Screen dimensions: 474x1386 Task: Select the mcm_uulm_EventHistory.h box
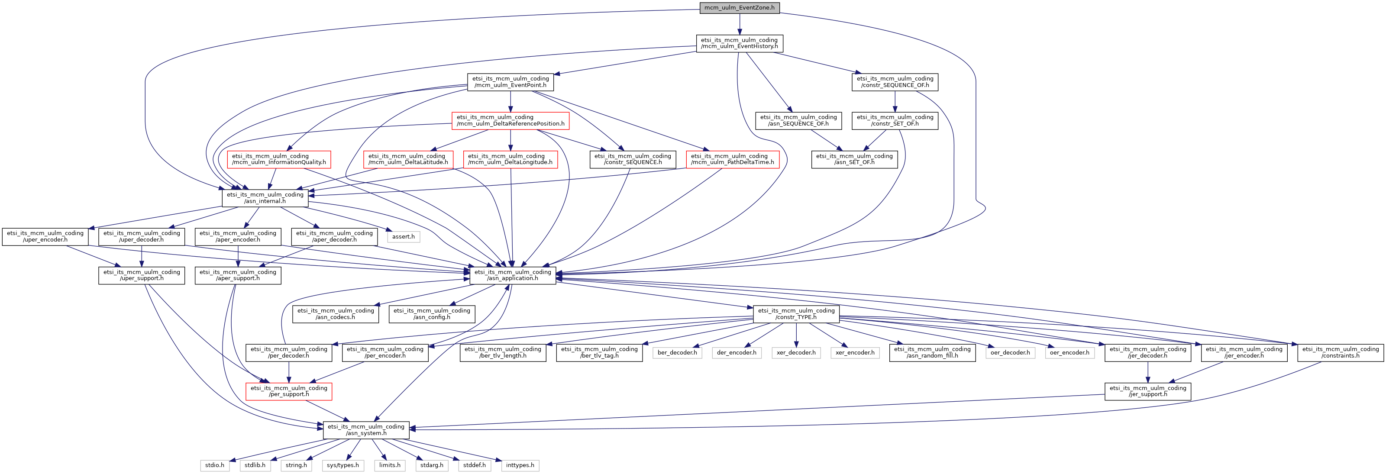[739, 43]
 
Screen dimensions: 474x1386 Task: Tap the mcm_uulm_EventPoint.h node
[510, 82]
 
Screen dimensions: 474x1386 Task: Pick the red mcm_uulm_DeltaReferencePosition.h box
[510, 120]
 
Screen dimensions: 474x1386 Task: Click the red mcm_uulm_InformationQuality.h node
[279, 159]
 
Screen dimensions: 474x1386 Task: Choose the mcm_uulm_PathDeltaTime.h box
[732, 159]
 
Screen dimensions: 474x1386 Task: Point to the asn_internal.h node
[265, 198]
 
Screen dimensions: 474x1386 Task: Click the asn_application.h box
[512, 275]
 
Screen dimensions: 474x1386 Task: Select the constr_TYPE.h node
[796, 314]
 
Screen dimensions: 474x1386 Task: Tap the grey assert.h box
[403, 237]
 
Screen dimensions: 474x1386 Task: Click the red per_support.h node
[288, 391]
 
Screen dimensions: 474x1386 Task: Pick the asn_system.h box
[366, 430]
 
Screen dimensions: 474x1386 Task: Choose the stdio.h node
[214, 465]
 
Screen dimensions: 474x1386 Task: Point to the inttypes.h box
[520, 465]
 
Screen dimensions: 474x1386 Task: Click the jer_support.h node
[1148, 391]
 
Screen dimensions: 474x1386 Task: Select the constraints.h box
[1340, 352]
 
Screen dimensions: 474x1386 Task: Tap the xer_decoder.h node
[796, 353]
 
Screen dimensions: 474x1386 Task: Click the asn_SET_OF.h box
[854, 159]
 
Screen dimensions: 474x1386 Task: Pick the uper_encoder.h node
[45, 237]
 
